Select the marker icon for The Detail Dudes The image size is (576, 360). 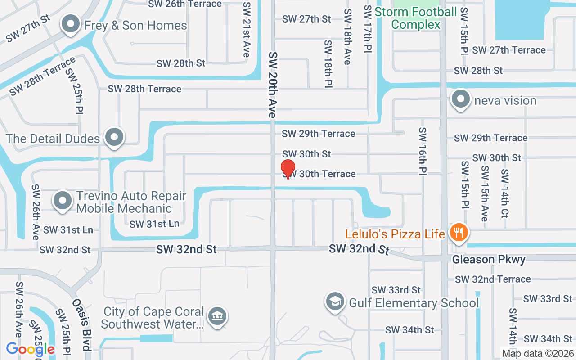click(x=114, y=138)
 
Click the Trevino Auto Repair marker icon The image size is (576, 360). click(x=63, y=202)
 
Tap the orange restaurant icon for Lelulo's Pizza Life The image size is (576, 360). click(x=459, y=233)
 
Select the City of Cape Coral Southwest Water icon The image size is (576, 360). click(x=217, y=317)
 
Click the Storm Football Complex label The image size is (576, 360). click(x=416, y=18)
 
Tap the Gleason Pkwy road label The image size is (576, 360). click(x=489, y=260)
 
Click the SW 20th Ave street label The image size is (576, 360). click(x=272, y=85)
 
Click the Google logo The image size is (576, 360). click(x=30, y=349)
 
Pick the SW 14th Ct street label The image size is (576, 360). click(x=504, y=193)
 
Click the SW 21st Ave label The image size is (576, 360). click(x=246, y=29)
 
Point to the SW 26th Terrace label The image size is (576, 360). click(x=185, y=4)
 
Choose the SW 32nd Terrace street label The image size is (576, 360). click(x=493, y=279)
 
